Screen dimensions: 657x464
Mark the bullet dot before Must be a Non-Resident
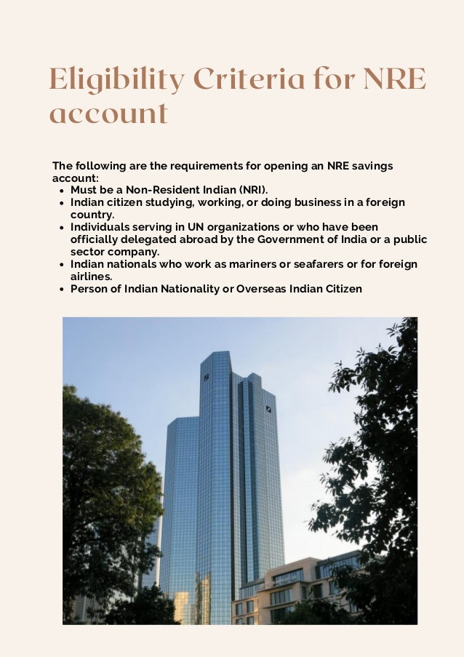coord(60,191)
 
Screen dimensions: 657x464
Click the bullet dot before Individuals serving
coord(60,228)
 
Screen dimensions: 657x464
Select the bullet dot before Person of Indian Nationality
coord(60,290)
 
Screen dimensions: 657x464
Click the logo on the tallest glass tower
coord(206,377)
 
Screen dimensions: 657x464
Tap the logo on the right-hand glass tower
coord(268,408)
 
